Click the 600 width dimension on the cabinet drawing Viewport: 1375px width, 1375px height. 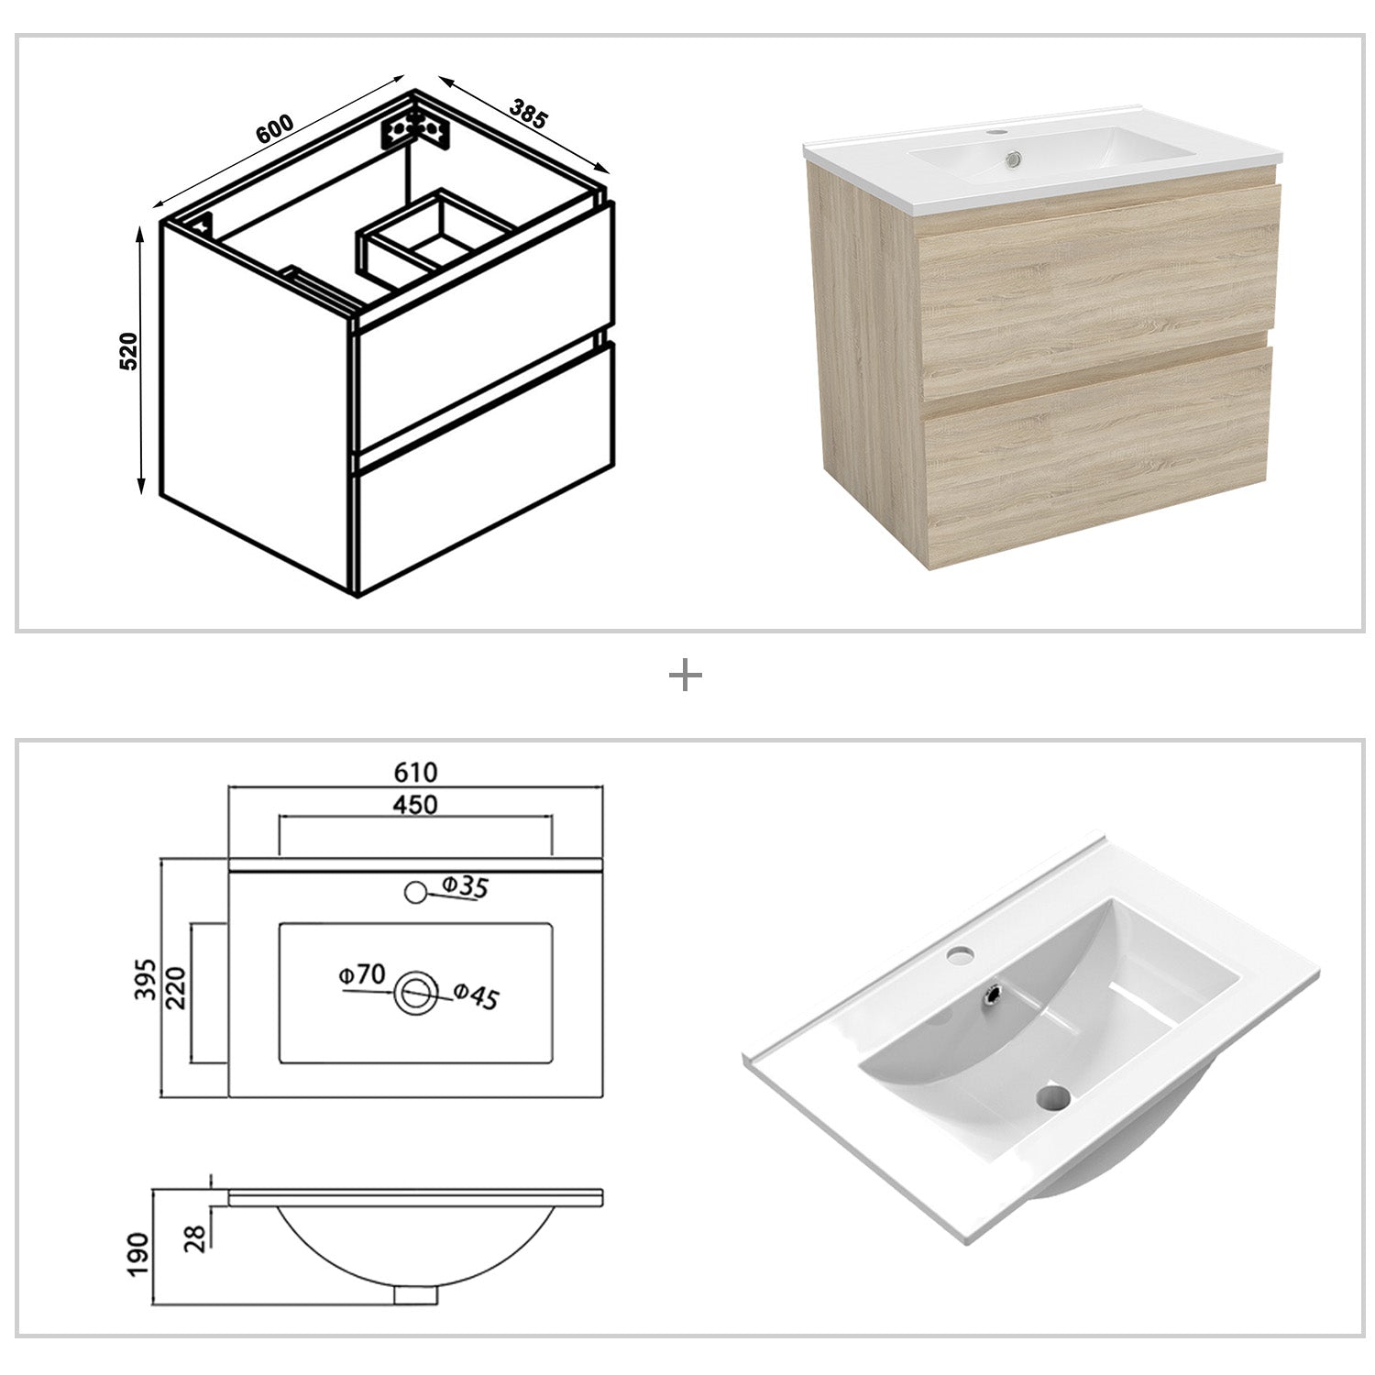[x=275, y=128]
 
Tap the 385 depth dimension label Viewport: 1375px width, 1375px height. [x=528, y=114]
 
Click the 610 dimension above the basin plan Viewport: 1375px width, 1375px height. [x=415, y=772]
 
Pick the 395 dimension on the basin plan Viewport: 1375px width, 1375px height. [x=147, y=978]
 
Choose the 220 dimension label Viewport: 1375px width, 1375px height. [x=177, y=986]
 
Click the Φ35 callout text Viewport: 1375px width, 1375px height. [x=465, y=886]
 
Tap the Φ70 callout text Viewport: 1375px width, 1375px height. [x=362, y=975]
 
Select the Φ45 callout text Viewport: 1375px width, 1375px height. [x=477, y=995]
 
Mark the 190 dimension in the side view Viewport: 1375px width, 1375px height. [x=137, y=1256]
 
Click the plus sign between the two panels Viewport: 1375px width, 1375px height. [x=686, y=677]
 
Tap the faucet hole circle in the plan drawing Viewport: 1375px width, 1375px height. [x=415, y=890]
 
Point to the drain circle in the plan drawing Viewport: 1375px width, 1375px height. [x=416, y=992]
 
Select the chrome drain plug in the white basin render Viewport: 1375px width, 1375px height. [x=993, y=993]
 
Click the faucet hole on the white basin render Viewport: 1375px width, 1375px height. [x=960, y=957]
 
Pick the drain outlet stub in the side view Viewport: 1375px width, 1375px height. [x=416, y=1294]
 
